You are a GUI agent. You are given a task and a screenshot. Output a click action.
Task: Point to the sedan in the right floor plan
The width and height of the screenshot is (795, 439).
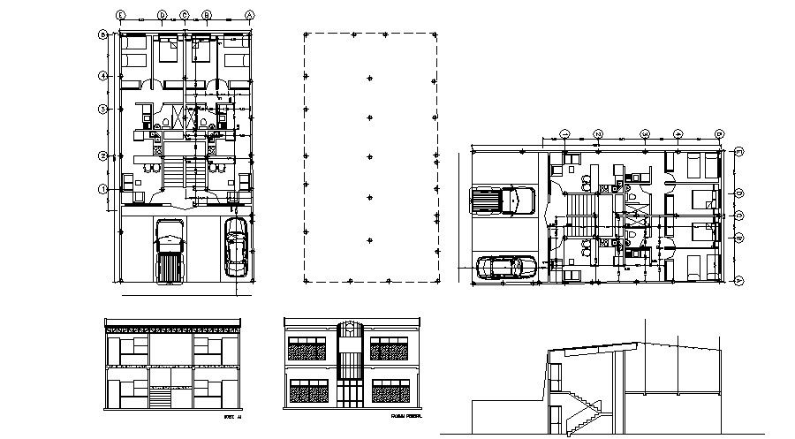click(x=505, y=267)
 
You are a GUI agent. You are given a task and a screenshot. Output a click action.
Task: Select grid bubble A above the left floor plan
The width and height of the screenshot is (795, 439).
click(x=250, y=15)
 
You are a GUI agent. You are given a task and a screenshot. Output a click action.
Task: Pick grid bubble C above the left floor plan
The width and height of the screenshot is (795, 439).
click(x=184, y=15)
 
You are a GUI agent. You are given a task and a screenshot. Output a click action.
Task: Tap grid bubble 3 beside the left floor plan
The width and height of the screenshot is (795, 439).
click(x=103, y=110)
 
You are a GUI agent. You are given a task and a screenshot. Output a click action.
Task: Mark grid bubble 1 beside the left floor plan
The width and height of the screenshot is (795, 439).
click(x=103, y=188)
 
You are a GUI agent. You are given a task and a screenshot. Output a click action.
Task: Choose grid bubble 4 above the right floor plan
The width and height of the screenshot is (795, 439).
click(x=678, y=134)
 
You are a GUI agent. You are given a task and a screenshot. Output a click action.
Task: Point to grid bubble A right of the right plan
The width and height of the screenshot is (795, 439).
click(x=738, y=280)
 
